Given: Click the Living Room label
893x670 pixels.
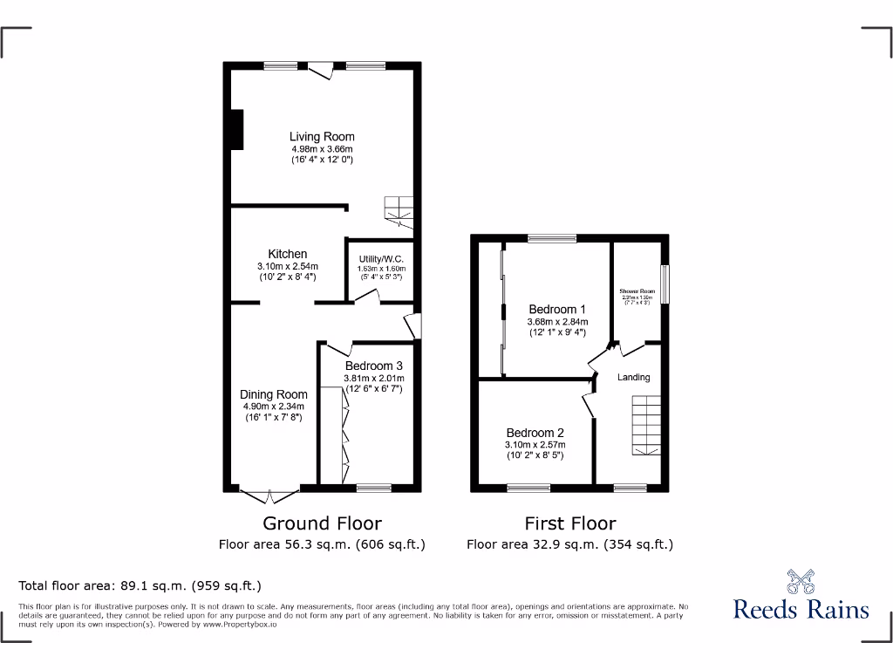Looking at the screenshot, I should (x=322, y=136).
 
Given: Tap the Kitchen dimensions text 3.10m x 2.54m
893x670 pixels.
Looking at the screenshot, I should (x=287, y=266).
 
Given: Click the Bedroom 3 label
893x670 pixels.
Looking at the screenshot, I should (x=373, y=366).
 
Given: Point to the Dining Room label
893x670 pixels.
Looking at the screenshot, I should (x=274, y=394).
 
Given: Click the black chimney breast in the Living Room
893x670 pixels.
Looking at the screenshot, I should (x=235, y=129).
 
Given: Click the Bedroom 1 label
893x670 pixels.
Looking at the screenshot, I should (x=557, y=309).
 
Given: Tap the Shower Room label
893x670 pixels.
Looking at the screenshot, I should (x=637, y=291).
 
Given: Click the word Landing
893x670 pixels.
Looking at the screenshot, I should (x=634, y=377).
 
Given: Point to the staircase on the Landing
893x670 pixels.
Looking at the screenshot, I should (x=646, y=425).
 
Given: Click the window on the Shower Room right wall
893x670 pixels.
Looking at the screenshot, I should (x=665, y=284).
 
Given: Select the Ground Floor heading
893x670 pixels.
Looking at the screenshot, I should (x=322, y=523).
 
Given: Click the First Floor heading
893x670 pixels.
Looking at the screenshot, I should (x=569, y=523).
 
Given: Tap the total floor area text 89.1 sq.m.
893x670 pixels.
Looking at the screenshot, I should (x=140, y=586).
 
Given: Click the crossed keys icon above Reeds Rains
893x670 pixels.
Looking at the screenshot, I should (x=801, y=581).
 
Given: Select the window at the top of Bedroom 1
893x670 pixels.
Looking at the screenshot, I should (x=551, y=237).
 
